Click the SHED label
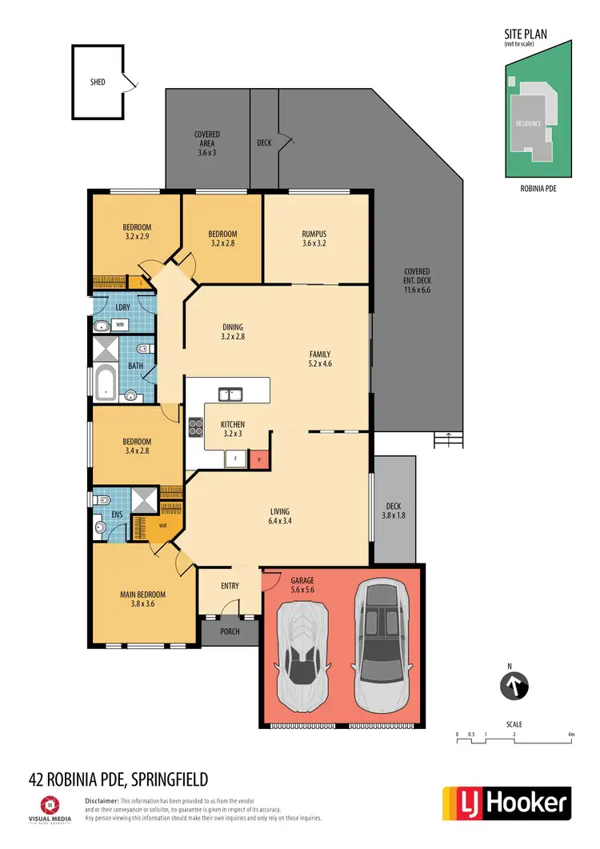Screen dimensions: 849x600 [97, 82]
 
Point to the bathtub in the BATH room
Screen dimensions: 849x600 [105, 382]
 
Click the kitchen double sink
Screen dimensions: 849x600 [231, 393]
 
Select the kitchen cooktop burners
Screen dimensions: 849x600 [195, 427]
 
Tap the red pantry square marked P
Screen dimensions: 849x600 [258, 459]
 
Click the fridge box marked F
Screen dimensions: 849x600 [236, 459]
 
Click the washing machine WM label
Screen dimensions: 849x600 [119, 324]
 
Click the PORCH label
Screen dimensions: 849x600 [230, 632]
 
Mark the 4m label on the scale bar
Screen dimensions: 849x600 [570, 733]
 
